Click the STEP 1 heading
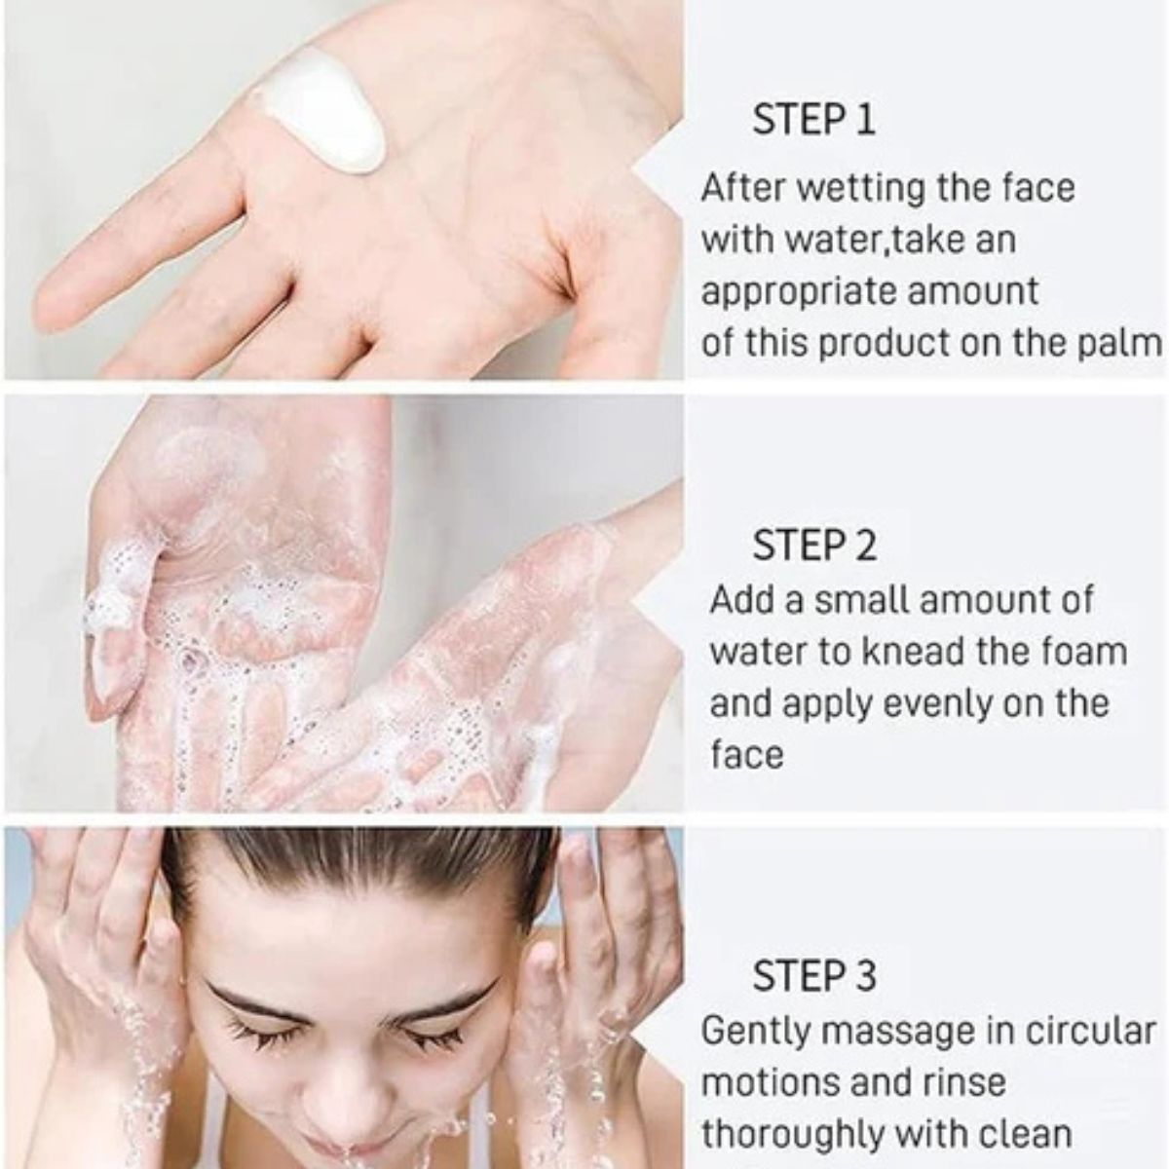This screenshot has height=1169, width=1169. click(x=813, y=120)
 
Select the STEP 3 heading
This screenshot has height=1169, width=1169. click(x=814, y=975)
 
